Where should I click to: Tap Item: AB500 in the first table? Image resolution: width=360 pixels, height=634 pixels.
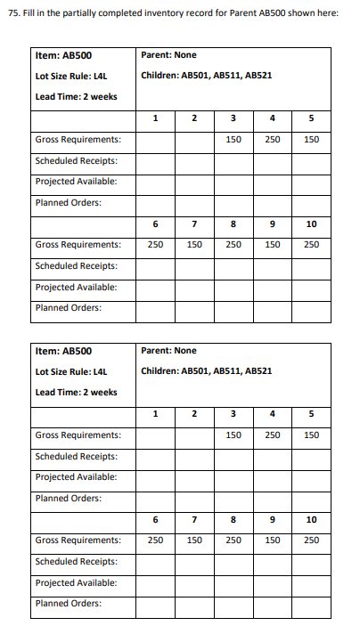tap(57, 55)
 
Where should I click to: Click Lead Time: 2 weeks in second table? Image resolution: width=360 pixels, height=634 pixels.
tap(76, 392)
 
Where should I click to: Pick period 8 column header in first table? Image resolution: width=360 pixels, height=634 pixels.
tap(233, 224)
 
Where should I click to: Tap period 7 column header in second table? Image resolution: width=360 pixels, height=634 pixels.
tap(194, 519)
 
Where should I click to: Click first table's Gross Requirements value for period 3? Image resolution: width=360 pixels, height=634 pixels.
tap(233, 140)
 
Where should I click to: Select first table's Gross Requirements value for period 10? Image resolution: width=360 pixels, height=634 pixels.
tap(312, 244)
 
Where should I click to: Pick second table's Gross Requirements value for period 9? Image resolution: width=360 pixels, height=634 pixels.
tap(273, 540)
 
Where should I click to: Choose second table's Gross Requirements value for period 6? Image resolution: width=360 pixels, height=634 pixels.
tap(155, 540)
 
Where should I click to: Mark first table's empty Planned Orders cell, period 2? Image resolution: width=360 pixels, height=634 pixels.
tap(194, 202)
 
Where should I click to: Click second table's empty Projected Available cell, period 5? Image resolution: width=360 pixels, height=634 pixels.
tap(312, 477)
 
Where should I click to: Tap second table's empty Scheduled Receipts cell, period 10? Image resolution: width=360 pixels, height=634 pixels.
tap(312, 561)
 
